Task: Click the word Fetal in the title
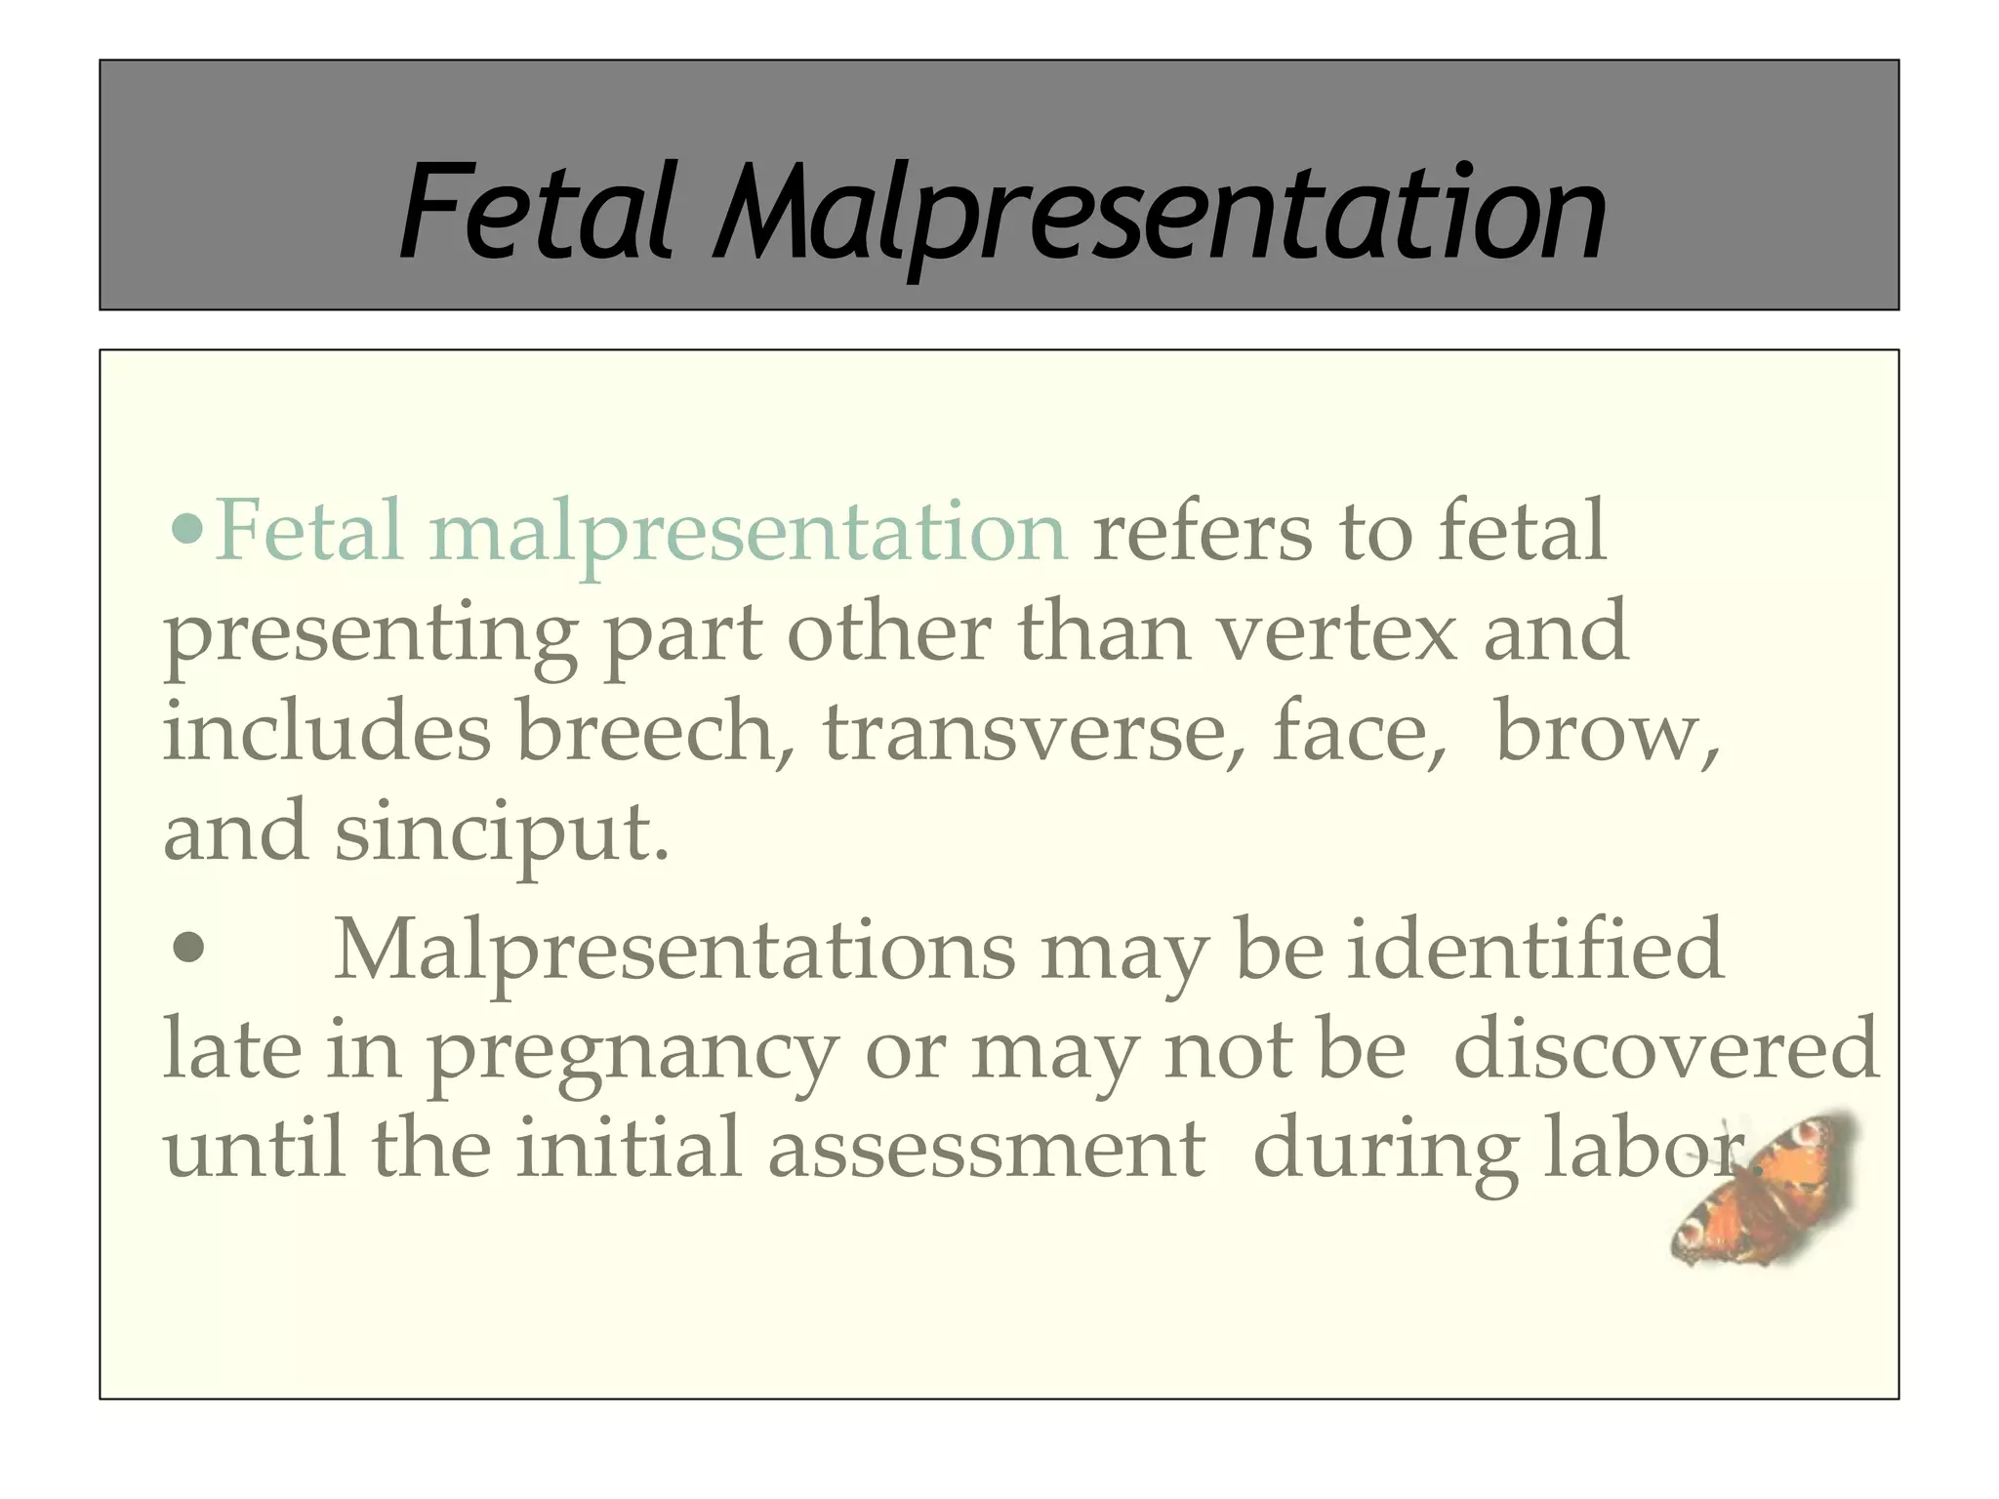536,213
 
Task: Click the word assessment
986,1150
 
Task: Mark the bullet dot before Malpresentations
187,948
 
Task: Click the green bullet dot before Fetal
186,530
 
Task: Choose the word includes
326,732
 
